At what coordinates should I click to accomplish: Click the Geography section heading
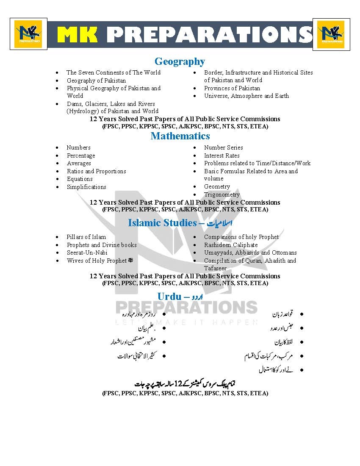180,62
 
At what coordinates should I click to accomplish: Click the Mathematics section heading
180,136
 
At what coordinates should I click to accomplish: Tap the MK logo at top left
28,34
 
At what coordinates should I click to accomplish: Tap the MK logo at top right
331,34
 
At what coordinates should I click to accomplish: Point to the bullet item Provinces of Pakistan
232,88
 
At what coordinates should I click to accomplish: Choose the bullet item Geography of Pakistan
96,80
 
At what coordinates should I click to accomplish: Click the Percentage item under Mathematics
81,155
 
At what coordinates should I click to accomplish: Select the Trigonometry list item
222,194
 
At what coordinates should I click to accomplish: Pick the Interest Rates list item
222,155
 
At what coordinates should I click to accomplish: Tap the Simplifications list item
86,187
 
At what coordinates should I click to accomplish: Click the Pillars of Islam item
86,237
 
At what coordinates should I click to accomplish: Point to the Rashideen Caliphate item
231,245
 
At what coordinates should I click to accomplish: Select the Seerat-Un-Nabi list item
87,252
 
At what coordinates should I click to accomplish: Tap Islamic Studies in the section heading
162,223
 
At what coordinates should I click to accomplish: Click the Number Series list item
224,147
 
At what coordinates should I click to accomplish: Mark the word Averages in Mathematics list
79,163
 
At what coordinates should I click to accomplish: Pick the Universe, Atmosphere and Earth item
246,96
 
